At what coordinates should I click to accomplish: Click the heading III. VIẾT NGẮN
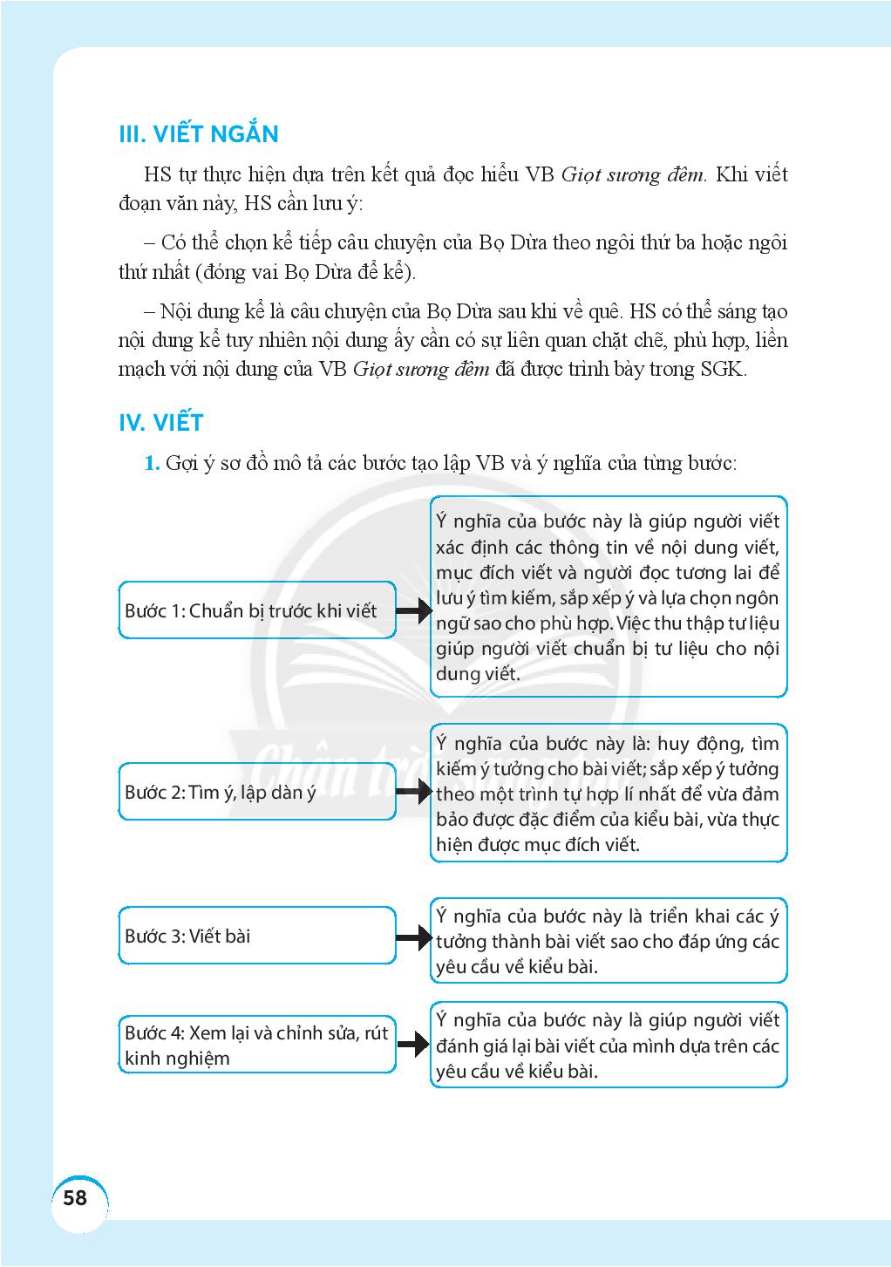[x=198, y=134]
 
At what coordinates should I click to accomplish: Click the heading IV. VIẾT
[x=160, y=423]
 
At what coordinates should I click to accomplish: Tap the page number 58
[x=76, y=1197]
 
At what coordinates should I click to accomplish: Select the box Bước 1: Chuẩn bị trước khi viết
[x=256, y=610]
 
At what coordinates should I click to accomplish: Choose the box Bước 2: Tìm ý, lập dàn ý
[x=256, y=792]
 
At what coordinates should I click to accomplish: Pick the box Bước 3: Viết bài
[x=256, y=936]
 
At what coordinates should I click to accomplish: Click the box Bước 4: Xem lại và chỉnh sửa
[x=256, y=1045]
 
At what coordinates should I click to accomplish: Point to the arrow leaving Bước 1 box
[x=414, y=610]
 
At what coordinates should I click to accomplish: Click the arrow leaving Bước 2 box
[x=414, y=792]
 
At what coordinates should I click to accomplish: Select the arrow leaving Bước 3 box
[x=414, y=937]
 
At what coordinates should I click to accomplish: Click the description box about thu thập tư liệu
[x=608, y=597]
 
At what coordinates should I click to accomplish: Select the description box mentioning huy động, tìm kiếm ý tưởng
[x=608, y=794]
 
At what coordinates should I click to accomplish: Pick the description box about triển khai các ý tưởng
[x=608, y=941]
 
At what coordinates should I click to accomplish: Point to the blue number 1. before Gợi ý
[x=152, y=463]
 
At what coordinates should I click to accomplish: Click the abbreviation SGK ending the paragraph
[x=723, y=368]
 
